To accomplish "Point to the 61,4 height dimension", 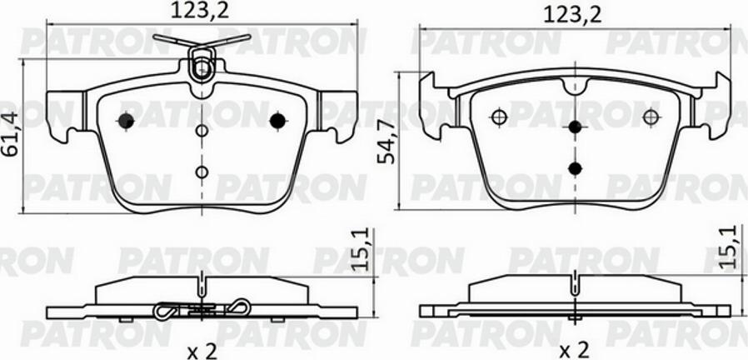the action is click(x=11, y=134).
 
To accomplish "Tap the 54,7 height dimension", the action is click(x=386, y=142).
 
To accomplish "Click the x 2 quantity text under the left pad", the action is click(x=202, y=352).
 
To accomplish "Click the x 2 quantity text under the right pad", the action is click(x=575, y=352).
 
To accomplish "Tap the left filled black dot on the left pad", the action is click(x=126, y=121).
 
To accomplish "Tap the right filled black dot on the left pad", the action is click(x=277, y=121).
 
